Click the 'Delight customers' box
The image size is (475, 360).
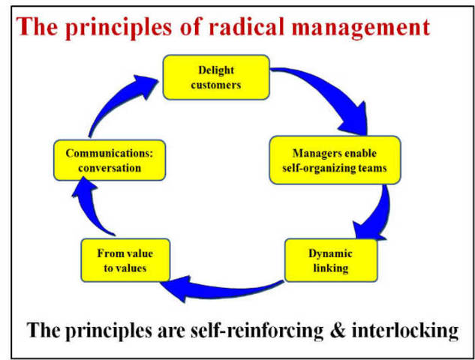(216, 77)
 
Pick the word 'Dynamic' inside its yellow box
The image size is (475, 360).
(330, 253)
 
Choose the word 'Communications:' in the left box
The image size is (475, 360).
(110, 153)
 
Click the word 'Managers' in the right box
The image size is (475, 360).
(301, 153)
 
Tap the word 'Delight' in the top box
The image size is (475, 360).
(216, 70)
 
